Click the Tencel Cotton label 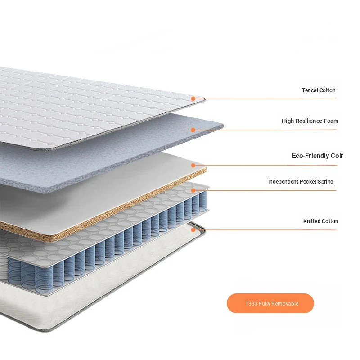319,90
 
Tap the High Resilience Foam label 310,121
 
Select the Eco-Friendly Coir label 317,156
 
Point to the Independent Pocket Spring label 301,182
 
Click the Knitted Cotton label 320,221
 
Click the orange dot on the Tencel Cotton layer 193,99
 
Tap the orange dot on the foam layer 193,130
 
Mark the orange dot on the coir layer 193,165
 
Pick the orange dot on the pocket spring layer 193,190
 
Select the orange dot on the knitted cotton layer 193,229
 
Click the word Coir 337,156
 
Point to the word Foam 331,121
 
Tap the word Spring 325,182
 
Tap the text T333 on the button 252,303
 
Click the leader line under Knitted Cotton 265,230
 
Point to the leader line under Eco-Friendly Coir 265,165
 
